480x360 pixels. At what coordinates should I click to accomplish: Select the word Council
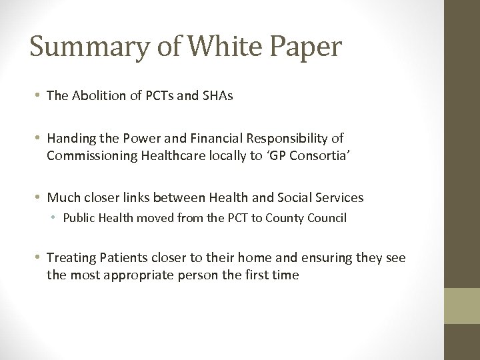pyautogui.click(x=326, y=218)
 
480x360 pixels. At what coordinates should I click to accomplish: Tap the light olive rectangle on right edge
pyautogui.click(x=463, y=305)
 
